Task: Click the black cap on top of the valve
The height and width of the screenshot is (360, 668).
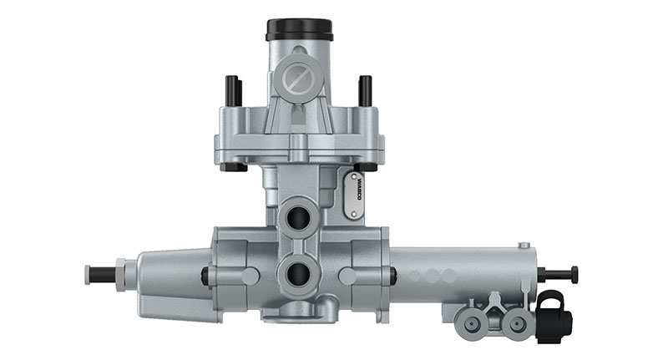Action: pos(300,30)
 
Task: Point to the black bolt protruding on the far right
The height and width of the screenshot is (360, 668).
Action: pos(559,274)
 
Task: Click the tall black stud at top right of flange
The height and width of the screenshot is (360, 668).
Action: pos(365,91)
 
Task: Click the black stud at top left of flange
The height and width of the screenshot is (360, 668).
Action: pos(230,91)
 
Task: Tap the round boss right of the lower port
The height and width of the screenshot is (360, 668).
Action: pos(347,276)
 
